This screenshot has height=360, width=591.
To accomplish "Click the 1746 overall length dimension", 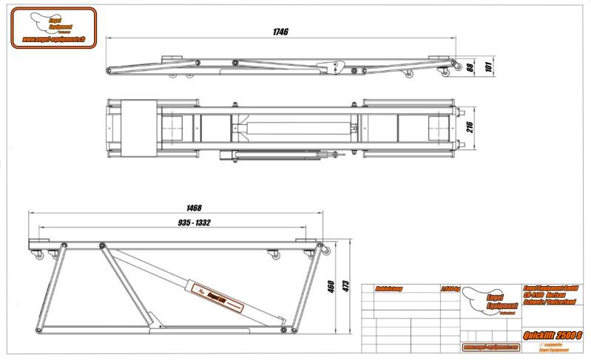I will click(280, 32).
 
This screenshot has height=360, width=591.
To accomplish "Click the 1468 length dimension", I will click(194, 208).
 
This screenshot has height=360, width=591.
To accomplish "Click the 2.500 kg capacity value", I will click(449, 289).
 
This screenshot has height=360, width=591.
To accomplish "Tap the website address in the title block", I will click(487, 347).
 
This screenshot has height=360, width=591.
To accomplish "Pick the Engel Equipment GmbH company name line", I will click(549, 288).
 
